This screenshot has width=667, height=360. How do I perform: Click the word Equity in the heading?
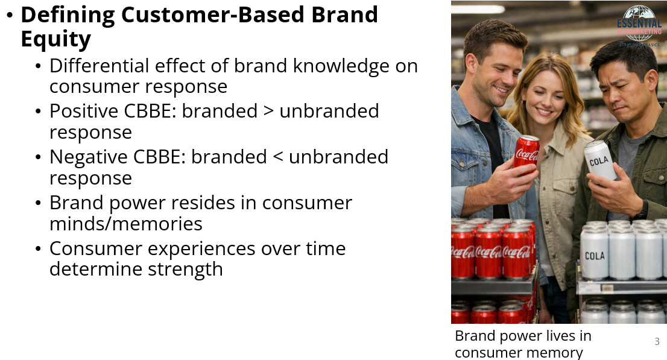pos(55,39)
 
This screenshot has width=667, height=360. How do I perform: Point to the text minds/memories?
pos(125,224)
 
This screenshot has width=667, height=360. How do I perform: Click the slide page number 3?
pos(657,342)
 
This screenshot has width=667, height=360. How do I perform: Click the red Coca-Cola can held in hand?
pos(526,154)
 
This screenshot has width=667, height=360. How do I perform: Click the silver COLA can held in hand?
pos(600,160)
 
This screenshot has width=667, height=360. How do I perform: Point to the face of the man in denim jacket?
pos(492,66)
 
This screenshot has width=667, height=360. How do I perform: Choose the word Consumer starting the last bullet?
pos(98,248)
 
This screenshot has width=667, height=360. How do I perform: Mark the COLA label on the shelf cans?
pos(595,256)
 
